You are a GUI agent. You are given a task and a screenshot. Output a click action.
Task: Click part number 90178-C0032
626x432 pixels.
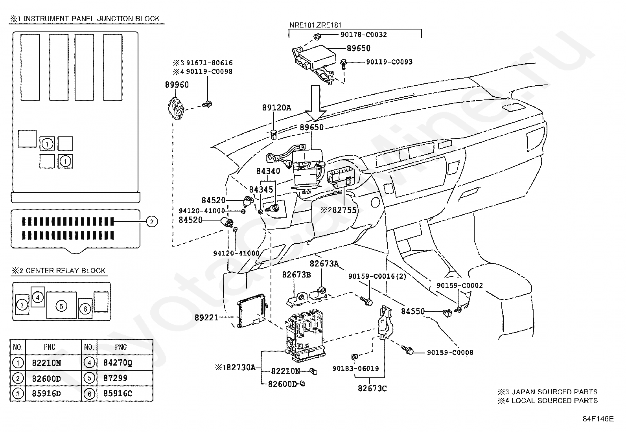[364, 35]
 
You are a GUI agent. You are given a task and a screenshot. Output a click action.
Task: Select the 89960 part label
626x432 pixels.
[177, 85]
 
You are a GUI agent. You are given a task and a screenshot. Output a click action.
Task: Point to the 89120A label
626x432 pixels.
[277, 108]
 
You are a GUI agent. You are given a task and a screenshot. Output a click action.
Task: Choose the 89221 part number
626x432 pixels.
[206, 318]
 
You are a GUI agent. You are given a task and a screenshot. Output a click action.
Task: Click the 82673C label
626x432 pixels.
[372, 388]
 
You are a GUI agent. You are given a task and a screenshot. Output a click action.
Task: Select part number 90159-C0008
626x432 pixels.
[450, 353]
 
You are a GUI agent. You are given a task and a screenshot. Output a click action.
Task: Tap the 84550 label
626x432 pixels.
[413, 311]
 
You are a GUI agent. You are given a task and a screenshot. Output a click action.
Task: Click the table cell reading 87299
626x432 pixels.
[115, 378]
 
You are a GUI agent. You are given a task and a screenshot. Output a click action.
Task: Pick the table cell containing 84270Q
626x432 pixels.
[118, 363]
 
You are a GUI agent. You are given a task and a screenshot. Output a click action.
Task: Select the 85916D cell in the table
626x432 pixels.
[46, 393]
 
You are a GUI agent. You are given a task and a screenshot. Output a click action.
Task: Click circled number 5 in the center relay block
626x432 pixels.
[61, 306]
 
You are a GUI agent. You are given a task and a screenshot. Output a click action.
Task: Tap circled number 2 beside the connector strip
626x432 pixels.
[152, 222]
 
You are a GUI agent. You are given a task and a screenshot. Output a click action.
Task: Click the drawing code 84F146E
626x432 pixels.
[598, 419]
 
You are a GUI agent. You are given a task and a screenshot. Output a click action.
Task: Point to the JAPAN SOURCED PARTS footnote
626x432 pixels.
[547, 392]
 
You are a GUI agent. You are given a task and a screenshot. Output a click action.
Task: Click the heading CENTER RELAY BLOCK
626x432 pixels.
[65, 270]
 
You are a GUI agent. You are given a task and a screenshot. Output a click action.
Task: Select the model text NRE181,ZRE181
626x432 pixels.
[315, 25]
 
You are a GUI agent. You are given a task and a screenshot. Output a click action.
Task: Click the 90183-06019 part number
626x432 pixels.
[356, 369]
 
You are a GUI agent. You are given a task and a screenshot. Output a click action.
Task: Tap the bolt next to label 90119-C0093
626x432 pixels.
[343, 64]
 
